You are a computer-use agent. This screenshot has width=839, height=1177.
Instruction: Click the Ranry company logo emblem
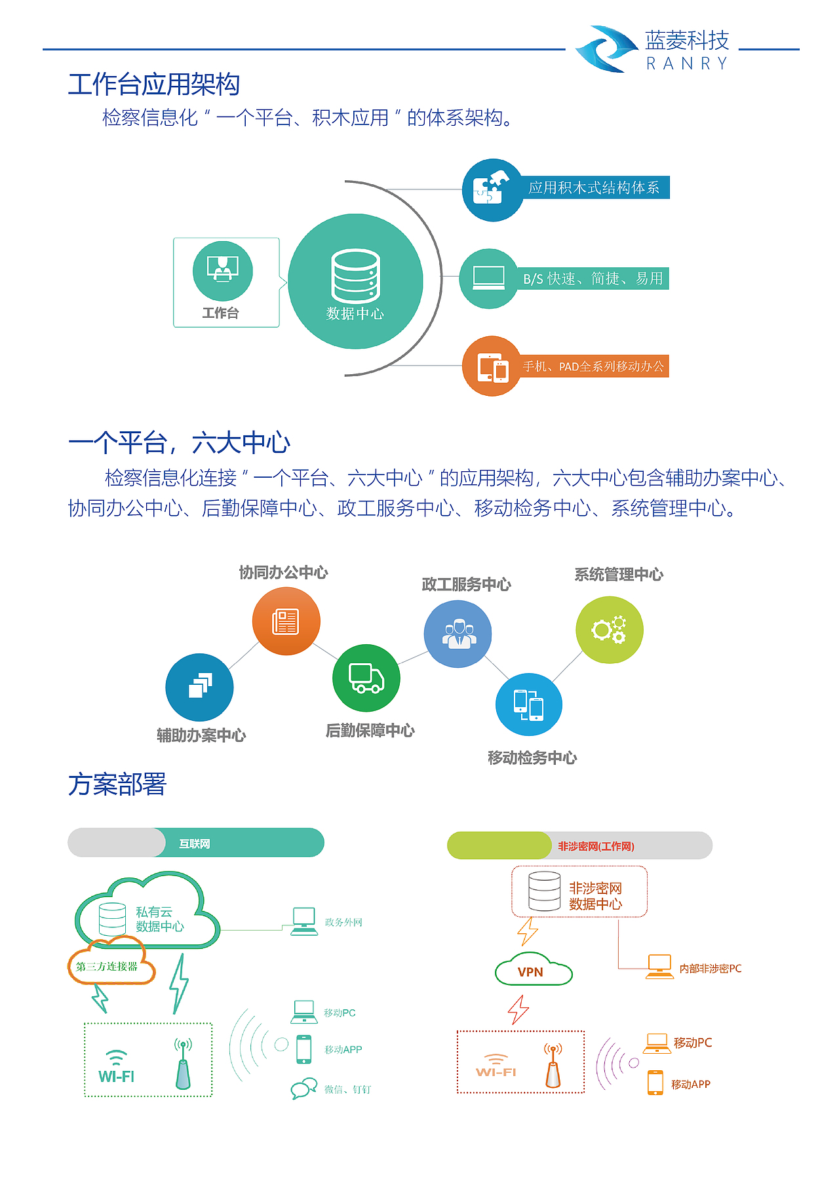point(606,49)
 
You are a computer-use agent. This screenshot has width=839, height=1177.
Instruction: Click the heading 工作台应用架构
point(154,85)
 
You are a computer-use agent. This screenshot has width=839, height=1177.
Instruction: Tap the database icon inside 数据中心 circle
point(355,275)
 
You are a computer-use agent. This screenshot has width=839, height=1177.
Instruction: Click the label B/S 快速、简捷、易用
point(593,279)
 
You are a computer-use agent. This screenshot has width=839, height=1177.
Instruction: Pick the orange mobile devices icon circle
point(492,366)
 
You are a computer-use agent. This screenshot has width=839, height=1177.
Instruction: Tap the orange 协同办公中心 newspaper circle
point(286,621)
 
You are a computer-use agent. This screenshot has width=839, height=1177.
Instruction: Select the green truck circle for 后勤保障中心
point(366,678)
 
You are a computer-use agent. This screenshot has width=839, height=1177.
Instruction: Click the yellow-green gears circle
point(610,630)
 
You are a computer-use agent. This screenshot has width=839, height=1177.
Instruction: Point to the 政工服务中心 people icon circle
point(458,634)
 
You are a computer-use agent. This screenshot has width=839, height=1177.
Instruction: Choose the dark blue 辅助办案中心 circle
point(199,687)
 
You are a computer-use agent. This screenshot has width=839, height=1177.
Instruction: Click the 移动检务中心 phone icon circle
point(529,704)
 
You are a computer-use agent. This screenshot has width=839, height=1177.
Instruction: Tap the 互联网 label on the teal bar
point(195,844)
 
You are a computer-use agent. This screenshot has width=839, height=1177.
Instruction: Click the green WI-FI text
point(116,1077)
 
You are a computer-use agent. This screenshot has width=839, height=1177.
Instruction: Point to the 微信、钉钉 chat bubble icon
point(304,1089)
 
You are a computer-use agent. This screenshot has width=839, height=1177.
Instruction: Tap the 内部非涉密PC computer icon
point(659,967)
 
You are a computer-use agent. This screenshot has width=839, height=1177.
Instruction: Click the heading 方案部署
point(117,784)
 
